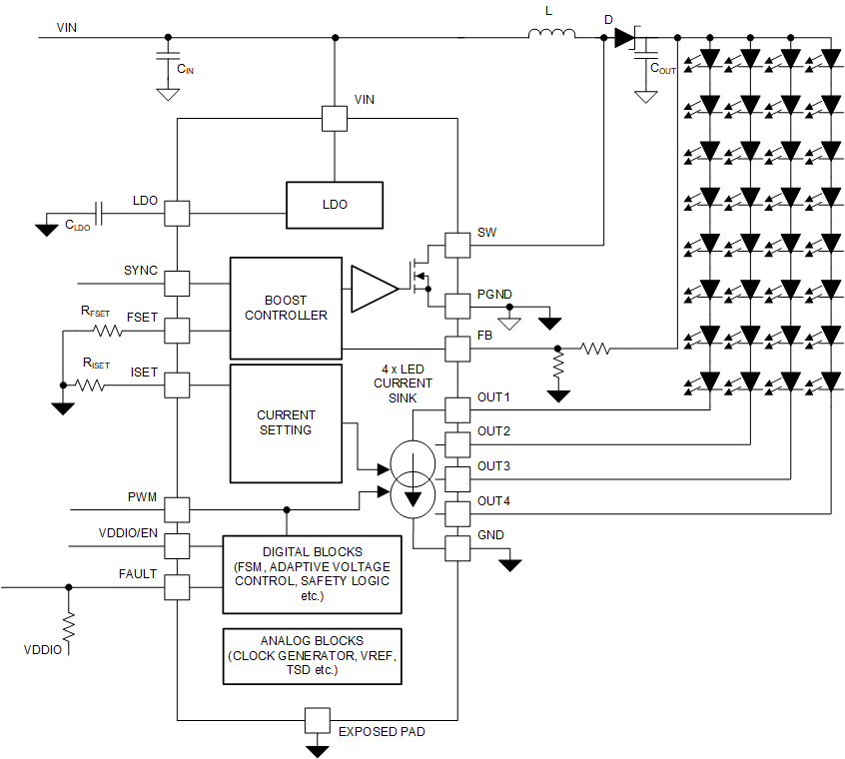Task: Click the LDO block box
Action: (335, 204)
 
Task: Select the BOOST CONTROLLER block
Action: (286, 308)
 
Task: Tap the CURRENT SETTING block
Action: (286, 422)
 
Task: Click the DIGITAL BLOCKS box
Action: (312, 574)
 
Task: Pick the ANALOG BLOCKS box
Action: (312, 656)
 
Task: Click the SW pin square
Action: (456, 245)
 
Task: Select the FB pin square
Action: (456, 349)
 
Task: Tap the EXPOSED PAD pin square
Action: (318, 720)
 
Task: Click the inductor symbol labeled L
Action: (551, 37)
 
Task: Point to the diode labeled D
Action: (624, 38)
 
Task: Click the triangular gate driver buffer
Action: (373, 288)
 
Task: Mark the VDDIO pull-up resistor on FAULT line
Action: (68, 627)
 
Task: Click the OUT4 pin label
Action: (493, 501)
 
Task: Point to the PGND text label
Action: (494, 294)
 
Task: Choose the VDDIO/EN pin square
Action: (177, 545)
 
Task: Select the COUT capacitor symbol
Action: (646, 55)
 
